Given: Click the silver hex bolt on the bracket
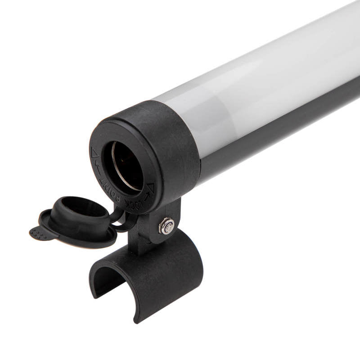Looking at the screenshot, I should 167,226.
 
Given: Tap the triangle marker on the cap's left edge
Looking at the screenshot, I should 94,153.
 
